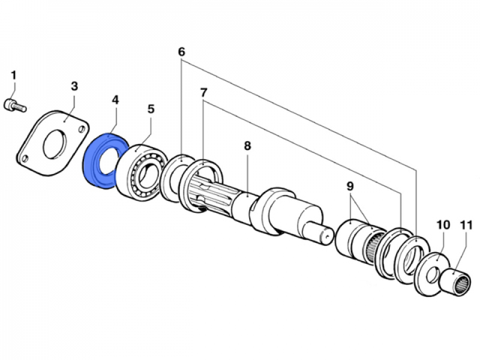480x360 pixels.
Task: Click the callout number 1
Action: pyautogui.click(x=14, y=76)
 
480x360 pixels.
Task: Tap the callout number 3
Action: pyautogui.click(x=74, y=86)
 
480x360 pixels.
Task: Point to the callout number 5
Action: pyautogui.click(x=151, y=109)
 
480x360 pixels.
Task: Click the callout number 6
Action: pyautogui.click(x=181, y=52)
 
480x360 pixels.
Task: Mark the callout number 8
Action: pyautogui.click(x=247, y=145)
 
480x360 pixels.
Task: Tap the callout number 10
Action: pyautogui.click(x=443, y=225)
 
